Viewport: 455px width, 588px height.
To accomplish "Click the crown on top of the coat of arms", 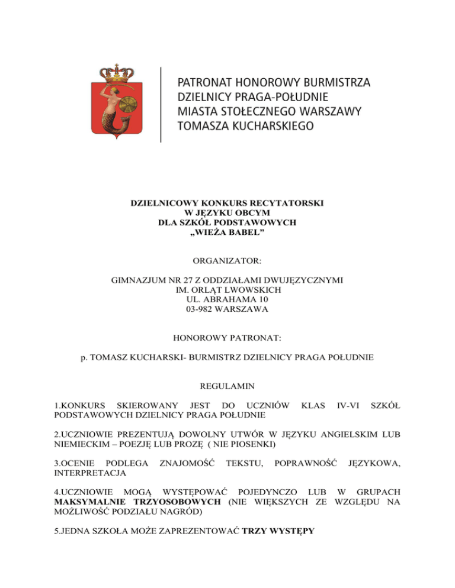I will pos(118,75).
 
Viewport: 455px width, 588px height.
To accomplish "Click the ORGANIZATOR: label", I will pos(227,259).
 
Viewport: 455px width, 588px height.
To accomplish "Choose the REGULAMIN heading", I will pos(227,386).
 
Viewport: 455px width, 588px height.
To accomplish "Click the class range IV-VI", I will pos(346,406).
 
